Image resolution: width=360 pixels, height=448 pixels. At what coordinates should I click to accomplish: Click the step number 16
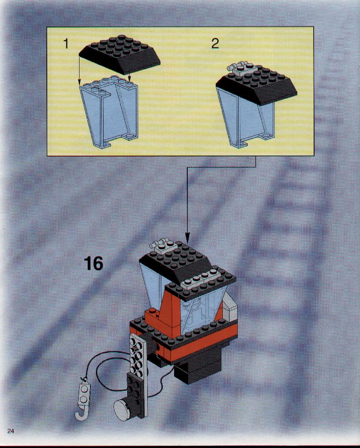94,264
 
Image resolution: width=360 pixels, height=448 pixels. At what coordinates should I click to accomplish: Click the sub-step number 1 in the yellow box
66,44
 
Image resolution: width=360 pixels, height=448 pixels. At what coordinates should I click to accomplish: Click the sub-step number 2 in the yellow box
215,43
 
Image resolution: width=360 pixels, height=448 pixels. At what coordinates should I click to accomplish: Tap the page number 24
10,423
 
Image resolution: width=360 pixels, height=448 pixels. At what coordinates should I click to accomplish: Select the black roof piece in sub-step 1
120,54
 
